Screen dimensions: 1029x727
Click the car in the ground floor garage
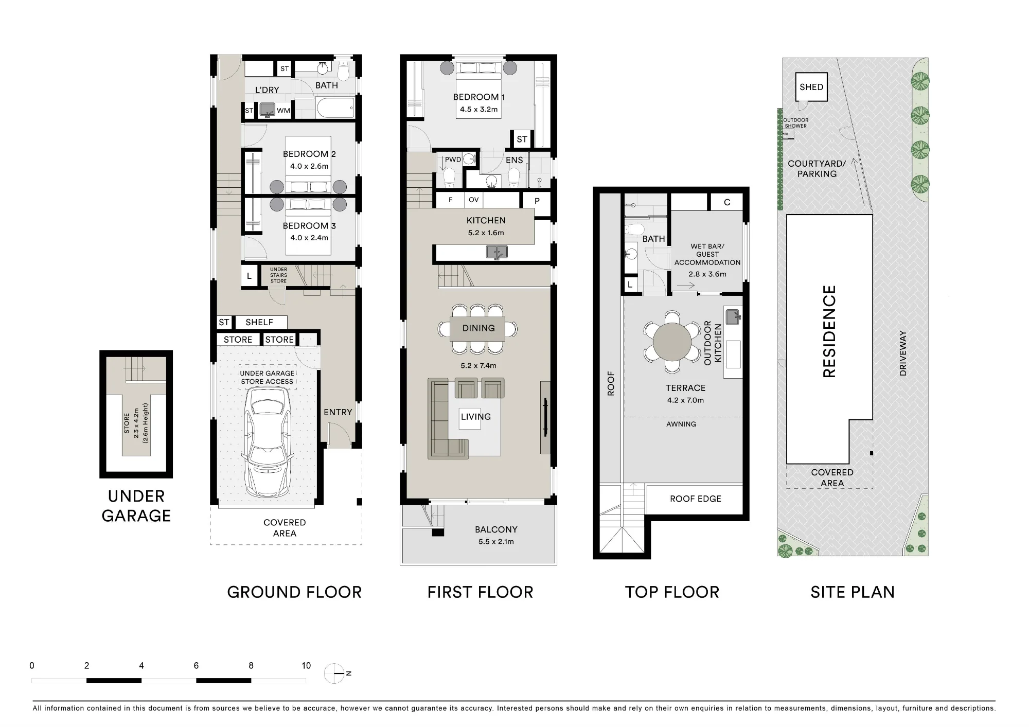267,441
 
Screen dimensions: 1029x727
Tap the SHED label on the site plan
811,87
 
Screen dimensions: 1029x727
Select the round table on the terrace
672,342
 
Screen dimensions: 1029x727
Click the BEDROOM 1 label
478,97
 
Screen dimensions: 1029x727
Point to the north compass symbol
335,673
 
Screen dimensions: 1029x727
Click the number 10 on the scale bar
306,665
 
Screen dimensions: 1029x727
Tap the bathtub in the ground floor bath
335,108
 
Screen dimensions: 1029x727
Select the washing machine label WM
283,111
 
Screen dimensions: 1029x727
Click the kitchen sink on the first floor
498,252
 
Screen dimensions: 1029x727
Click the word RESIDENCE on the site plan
829,331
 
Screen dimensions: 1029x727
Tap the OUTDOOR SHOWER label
795,123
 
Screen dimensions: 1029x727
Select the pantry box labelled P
537,201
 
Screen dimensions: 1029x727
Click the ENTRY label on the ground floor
338,412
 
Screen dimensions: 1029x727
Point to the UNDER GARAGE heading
136,506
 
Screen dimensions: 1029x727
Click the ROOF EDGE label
695,499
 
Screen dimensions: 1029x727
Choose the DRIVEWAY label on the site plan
902,353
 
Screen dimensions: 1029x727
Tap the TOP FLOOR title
672,592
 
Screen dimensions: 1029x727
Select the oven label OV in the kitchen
473,200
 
